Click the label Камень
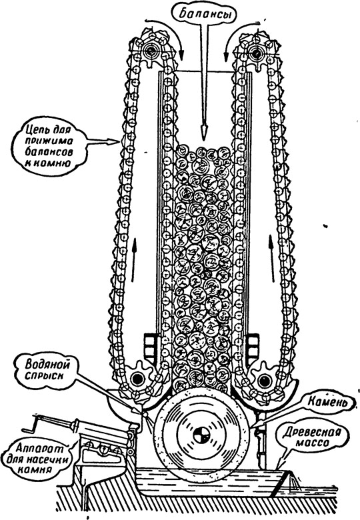[327, 402]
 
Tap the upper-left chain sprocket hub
[151, 51]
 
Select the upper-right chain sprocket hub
[256, 52]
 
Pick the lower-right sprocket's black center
[264, 381]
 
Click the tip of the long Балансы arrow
[204, 139]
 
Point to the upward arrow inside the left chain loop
[134, 259]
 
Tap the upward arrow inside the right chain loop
[272, 259]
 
